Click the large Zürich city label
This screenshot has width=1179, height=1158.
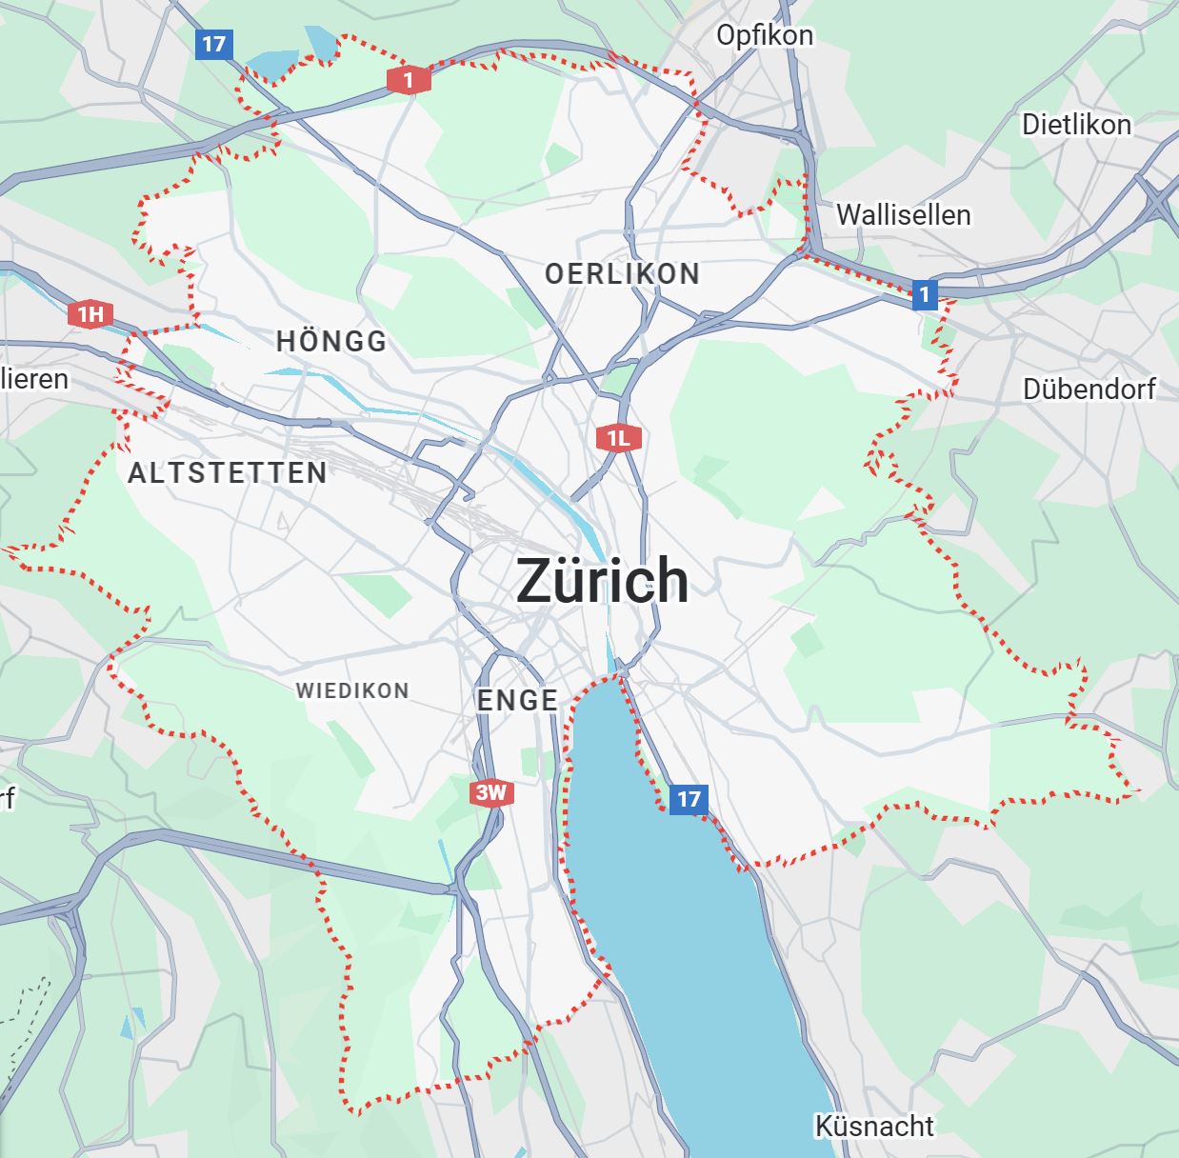click(x=602, y=580)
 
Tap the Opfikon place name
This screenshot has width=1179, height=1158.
click(x=764, y=35)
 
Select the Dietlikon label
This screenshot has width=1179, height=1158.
click(x=1076, y=125)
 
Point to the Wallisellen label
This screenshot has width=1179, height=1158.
click(x=903, y=215)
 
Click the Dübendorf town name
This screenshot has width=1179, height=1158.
click(x=1089, y=389)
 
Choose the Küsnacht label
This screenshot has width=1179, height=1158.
click(x=874, y=1126)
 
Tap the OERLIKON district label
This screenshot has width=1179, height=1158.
click(x=622, y=274)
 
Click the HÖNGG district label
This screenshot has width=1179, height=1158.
click(x=331, y=341)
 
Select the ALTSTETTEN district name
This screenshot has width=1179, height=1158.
click(x=228, y=472)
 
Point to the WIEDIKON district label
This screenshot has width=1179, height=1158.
click(x=352, y=690)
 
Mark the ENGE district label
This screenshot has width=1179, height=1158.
click(x=517, y=700)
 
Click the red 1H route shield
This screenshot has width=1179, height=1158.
click(x=90, y=314)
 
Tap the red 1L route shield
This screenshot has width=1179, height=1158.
click(x=618, y=438)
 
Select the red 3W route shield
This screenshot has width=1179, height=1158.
click(x=491, y=792)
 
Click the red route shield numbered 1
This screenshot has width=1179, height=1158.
click(x=409, y=81)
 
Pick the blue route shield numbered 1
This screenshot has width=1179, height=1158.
click(x=923, y=294)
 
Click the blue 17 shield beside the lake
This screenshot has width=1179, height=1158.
click(x=688, y=798)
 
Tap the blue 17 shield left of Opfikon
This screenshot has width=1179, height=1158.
click(x=213, y=44)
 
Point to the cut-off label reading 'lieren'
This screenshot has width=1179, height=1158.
click(x=34, y=379)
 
